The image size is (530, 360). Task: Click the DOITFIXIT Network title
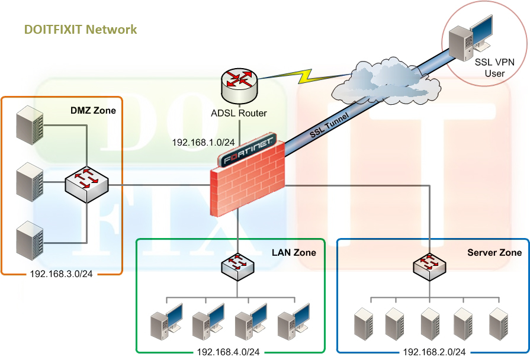81,29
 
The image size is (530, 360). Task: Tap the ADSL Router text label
239,113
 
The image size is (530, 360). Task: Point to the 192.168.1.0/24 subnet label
198,143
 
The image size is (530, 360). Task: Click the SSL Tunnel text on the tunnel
329,125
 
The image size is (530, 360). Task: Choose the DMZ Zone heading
93,110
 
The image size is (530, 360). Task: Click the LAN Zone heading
294,252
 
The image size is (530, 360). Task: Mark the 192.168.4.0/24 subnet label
228,352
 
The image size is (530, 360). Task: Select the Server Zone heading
494,252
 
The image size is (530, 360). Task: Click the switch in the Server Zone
430,266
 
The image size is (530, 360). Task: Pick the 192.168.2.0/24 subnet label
435,352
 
